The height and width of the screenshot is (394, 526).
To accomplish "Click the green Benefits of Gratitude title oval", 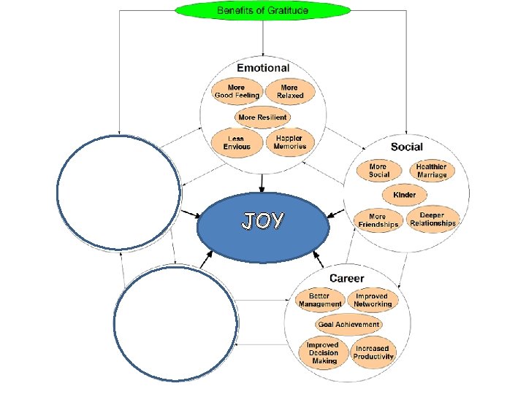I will (263, 10).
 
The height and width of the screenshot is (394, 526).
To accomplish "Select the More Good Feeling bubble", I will (236, 91).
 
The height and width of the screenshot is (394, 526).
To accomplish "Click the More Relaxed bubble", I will (290, 91).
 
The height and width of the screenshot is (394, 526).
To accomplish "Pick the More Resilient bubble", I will (262, 117).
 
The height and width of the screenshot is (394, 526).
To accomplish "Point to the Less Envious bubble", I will (236, 142).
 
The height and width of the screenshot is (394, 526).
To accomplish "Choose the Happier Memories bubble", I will (290, 142).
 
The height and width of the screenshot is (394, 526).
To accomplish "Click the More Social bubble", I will (378, 171).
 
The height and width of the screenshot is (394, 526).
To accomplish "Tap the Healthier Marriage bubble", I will (431, 171).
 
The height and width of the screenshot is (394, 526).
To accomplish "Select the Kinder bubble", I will (404, 195).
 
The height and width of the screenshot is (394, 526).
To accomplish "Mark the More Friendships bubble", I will (378, 220).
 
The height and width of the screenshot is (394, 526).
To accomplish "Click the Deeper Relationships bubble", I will (432, 219).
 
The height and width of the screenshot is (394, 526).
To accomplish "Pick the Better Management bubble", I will (320, 300).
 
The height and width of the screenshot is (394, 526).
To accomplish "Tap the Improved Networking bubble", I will (373, 300).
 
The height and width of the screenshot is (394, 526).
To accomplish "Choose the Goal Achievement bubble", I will (348, 324).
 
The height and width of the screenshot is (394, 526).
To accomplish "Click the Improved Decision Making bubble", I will (322, 352).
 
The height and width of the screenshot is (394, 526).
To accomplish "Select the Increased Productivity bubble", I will (373, 352).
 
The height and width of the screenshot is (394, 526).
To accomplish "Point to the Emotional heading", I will (263, 68).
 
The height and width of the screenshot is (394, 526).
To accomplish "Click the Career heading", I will (347, 278).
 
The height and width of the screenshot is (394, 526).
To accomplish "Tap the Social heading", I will (406, 147).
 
